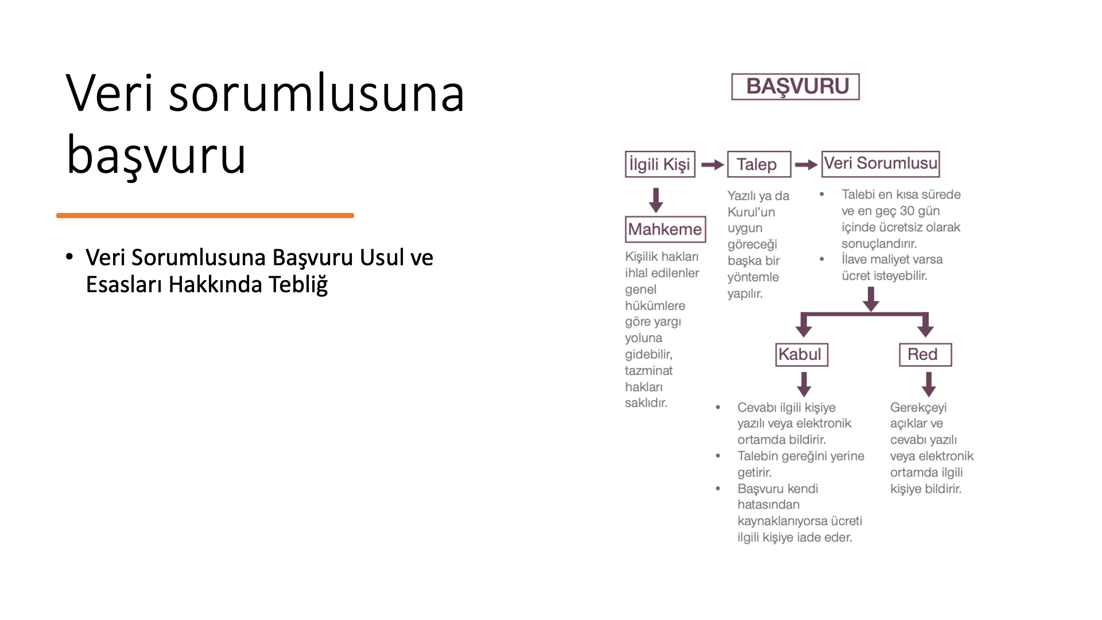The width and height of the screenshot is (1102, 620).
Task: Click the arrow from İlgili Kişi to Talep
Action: [712, 165]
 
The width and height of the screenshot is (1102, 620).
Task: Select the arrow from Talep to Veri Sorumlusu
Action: [806, 165]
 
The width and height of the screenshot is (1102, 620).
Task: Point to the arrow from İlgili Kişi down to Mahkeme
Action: [656, 200]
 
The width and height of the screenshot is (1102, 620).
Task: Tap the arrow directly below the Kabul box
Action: [804, 384]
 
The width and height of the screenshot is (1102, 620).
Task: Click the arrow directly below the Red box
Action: [929, 384]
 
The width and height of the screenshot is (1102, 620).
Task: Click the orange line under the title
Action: [205, 215]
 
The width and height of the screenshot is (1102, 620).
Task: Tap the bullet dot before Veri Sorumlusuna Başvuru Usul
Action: [69, 257]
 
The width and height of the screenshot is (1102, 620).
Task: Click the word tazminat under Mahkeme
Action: [649, 370]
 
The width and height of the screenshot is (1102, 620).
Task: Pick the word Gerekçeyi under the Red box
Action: [918, 408]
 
